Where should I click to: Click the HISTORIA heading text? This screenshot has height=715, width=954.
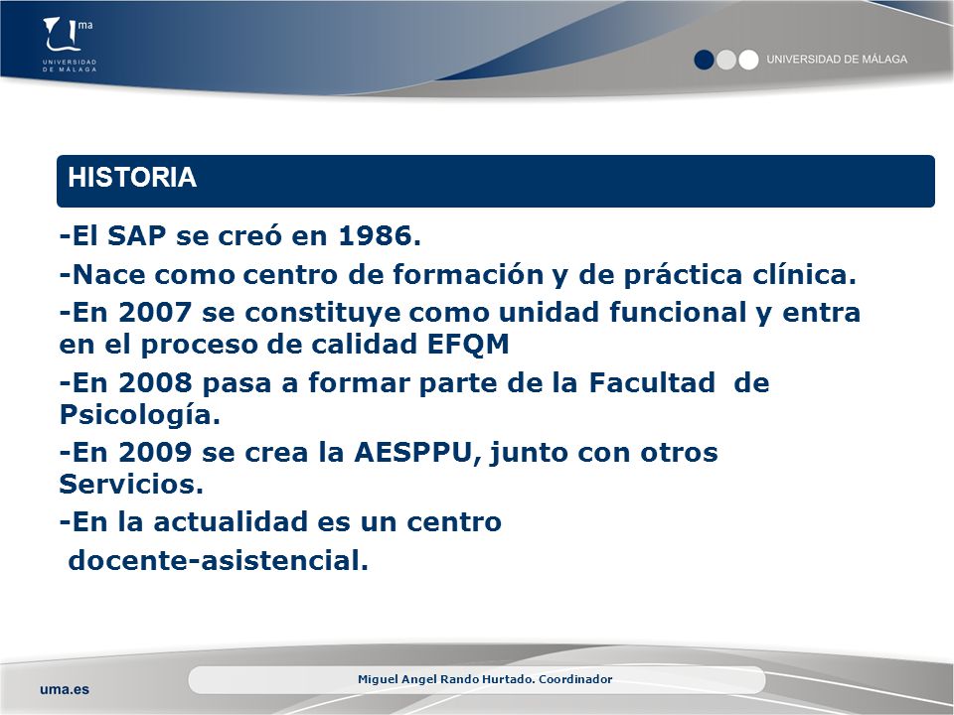[132, 178]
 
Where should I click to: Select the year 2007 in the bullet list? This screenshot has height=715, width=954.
[155, 313]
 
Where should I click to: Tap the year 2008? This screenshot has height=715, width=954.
[155, 383]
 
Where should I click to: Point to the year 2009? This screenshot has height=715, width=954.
[155, 453]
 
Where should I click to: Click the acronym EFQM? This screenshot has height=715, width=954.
[468, 345]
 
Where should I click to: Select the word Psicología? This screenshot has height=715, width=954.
[140, 416]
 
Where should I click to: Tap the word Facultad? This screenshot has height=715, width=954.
[652, 383]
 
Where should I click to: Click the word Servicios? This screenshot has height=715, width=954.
[131, 485]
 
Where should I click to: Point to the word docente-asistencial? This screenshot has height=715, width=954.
[219, 560]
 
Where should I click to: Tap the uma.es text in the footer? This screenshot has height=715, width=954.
[65, 689]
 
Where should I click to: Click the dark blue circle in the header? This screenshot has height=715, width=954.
[704, 60]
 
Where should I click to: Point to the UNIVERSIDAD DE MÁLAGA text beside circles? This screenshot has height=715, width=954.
[837, 59]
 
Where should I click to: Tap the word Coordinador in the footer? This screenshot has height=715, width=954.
[575, 679]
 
